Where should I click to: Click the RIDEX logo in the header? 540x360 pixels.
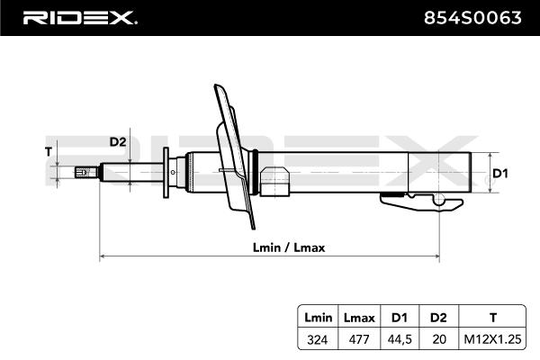tap(80, 18)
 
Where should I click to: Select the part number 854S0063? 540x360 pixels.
tap(472, 18)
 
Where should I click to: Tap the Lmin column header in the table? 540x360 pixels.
tap(319, 318)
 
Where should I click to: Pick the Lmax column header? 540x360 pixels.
tap(359, 318)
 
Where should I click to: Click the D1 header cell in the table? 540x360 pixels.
tap(400, 318)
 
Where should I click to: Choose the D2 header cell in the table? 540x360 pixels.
tap(438, 318)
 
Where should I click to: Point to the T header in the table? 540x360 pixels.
tap(493, 318)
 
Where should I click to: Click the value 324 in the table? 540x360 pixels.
tap(317, 339)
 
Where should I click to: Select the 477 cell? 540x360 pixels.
tap(359, 339)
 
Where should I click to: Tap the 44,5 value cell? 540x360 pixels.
tap(400, 339)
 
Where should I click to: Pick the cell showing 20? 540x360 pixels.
tap(439, 339)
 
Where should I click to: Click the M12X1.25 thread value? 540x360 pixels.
tap(493, 339)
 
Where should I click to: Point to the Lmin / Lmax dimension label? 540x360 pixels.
tap(289, 247)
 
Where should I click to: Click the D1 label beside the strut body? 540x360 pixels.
tap(500, 174)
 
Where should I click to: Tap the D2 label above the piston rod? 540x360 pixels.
tap(118, 141)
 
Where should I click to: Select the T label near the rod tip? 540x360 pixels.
tap(49, 151)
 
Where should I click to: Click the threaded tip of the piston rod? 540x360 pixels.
tap(86, 172)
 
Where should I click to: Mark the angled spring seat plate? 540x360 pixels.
tap(234, 157)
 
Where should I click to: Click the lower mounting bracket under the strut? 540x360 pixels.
tap(422, 202)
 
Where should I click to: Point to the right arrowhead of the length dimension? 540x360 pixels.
tap(437, 256)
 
